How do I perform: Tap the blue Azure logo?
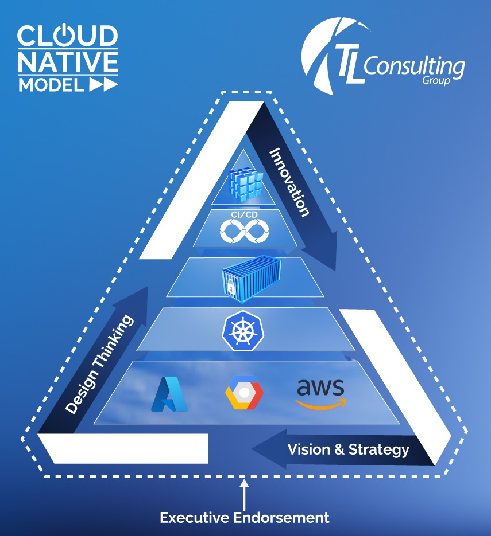tap(169, 395)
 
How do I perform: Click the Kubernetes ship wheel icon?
tap(239, 330)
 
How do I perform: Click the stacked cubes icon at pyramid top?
tap(244, 183)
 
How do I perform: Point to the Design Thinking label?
tap(99, 364)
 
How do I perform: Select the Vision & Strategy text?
tap(349, 449)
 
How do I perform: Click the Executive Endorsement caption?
tap(245, 518)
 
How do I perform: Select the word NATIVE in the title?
tap(67, 62)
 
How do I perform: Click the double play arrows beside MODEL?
tap(103, 85)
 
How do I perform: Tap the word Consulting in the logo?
tap(413, 68)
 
